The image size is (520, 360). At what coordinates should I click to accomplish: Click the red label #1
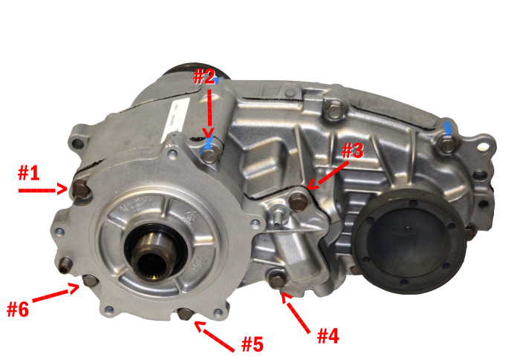(28, 173)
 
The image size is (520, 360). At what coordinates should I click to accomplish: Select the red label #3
(351, 151)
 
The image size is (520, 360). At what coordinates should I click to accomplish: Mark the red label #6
(18, 308)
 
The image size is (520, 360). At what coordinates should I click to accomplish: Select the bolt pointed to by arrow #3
(299, 199)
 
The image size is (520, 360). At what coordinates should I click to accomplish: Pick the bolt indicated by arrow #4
(276, 281)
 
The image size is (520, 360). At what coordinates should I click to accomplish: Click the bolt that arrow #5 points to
(185, 315)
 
